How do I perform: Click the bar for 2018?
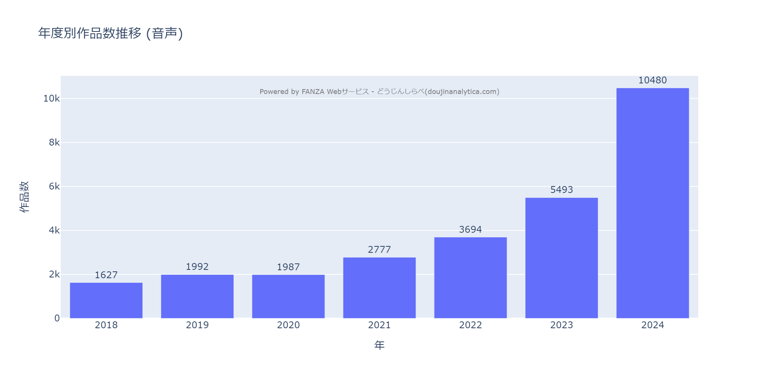tap(106, 300)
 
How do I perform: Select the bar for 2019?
tap(197, 296)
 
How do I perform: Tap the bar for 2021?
tap(379, 288)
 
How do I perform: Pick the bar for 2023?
tap(562, 258)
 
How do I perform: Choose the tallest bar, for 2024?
tap(653, 203)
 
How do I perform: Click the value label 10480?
tap(652, 80)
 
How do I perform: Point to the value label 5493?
tap(562, 190)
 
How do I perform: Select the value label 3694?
tap(470, 230)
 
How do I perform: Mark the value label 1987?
tap(288, 267)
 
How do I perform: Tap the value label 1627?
tap(106, 275)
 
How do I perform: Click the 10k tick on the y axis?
tap(52, 99)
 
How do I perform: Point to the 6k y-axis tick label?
tap(54, 186)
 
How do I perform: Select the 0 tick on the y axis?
tap(57, 318)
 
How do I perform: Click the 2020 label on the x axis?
tap(288, 325)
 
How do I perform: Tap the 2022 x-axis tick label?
tap(471, 325)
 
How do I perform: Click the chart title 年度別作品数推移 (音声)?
tap(110, 33)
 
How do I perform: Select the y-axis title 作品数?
tap(24, 197)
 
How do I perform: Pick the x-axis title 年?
tap(379, 345)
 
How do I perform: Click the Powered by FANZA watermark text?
tap(379, 92)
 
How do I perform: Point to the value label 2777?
tap(379, 250)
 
